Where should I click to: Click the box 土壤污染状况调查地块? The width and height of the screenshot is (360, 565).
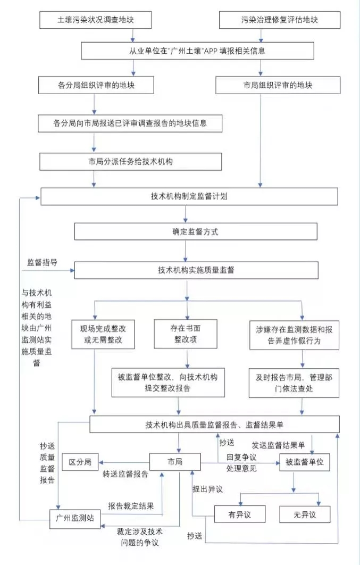pyautogui.click(x=95, y=20)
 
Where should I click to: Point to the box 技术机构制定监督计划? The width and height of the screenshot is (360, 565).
pyautogui.click(x=189, y=196)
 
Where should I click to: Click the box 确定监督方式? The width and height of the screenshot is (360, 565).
pyautogui.click(x=196, y=231)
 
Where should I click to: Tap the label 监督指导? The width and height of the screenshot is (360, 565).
pyautogui.click(x=42, y=263)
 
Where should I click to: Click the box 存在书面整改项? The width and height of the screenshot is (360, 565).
pyautogui.click(x=186, y=334)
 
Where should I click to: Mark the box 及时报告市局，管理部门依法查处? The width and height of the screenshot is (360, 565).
pyautogui.click(x=294, y=382)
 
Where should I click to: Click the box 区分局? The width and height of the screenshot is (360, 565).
pyautogui.click(x=80, y=461)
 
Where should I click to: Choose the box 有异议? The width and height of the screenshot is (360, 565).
pyautogui.click(x=239, y=514)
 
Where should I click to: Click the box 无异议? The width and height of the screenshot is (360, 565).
pyautogui.click(x=305, y=514)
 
